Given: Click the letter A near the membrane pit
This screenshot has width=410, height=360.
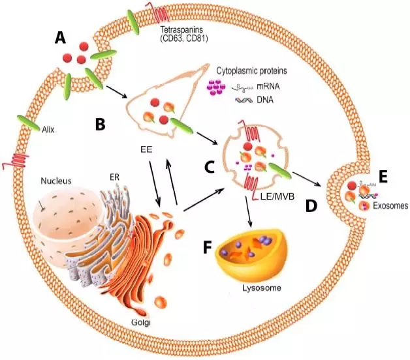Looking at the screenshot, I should point(60,38).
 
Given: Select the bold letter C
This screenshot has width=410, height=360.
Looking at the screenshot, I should point(210,167).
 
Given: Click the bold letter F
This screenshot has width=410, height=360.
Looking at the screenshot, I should point(208,247).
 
